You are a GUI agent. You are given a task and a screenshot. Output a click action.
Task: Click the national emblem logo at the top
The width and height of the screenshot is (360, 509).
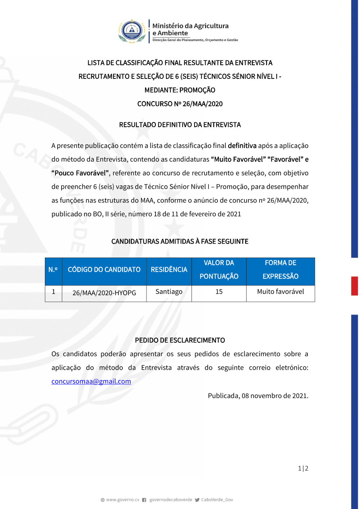point(132,31)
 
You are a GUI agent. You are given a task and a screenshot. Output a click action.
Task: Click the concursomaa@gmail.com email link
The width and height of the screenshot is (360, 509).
point(91,381)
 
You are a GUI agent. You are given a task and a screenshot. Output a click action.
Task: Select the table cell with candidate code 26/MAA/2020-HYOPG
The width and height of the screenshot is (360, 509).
point(104,293)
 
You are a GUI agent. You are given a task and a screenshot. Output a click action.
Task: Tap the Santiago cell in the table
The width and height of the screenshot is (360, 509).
point(169,292)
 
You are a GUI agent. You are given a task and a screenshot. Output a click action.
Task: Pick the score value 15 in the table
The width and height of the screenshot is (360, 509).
point(219,292)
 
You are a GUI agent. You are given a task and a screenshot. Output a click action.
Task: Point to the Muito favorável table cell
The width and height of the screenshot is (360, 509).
point(280,292)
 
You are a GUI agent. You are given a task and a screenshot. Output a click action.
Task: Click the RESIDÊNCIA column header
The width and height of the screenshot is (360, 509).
point(169,270)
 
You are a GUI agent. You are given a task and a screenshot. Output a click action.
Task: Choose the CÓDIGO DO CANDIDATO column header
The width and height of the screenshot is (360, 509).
point(104,270)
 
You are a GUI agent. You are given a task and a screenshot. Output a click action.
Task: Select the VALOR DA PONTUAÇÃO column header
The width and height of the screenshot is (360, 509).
point(219,270)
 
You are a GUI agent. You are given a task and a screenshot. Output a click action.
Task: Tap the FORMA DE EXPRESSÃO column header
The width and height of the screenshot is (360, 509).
point(280,270)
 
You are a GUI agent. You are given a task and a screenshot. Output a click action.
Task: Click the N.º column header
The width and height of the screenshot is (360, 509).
point(53,270)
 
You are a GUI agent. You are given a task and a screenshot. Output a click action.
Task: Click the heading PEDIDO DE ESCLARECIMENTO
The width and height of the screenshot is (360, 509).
point(180,340)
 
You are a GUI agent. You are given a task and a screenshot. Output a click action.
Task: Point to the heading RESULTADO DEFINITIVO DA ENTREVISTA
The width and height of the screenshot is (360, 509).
point(180,125)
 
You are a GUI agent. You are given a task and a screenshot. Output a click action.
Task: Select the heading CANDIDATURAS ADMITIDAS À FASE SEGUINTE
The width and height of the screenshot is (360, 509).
point(180,242)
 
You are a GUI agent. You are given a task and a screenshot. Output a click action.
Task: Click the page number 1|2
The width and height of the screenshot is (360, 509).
point(303,468)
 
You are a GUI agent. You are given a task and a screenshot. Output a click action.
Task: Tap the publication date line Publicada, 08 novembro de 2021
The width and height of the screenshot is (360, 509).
point(258,396)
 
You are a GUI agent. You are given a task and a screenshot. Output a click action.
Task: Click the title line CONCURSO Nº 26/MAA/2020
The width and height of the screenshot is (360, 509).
point(180,104)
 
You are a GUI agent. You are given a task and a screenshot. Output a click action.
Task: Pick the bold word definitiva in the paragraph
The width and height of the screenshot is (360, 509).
point(242,146)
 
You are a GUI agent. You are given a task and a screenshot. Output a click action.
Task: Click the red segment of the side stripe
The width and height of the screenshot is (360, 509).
point(355,286)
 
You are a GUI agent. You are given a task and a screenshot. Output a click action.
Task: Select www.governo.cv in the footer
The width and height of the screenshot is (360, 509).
point(122,500)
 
